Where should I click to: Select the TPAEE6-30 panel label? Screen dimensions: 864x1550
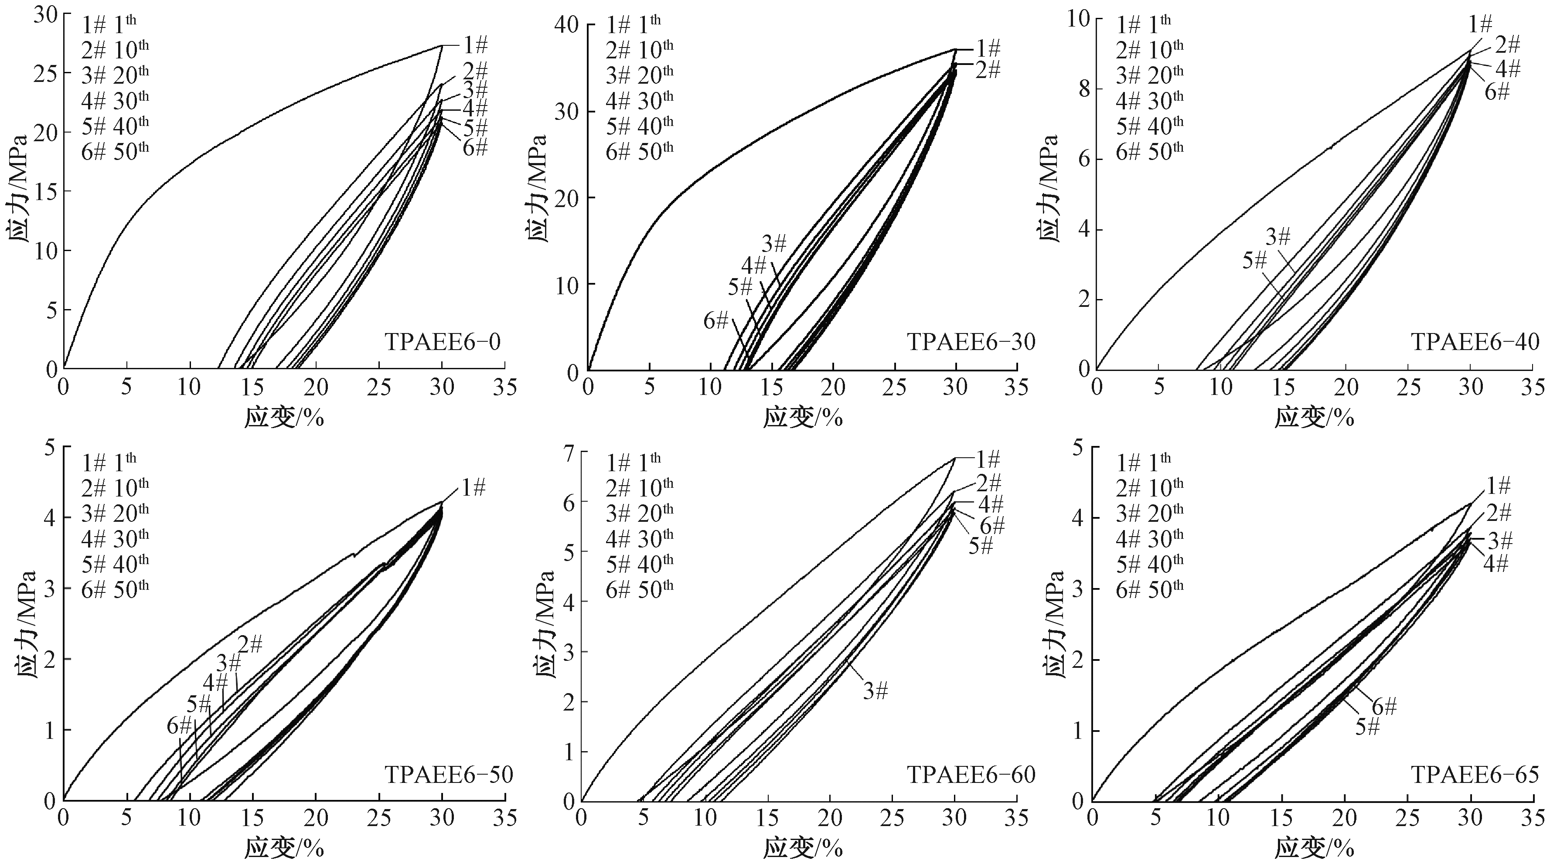point(971,342)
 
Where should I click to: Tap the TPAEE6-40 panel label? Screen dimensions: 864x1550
point(1475,342)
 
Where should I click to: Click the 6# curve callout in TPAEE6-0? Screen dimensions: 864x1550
point(475,147)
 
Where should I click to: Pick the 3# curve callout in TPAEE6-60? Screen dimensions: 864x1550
point(875,691)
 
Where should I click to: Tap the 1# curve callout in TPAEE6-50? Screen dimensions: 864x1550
point(474,487)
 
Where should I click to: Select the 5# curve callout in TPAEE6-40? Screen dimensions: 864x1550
point(1254,261)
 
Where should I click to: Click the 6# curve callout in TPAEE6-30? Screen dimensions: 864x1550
point(716,321)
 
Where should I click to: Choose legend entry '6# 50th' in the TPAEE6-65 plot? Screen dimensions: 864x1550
point(1149,588)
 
